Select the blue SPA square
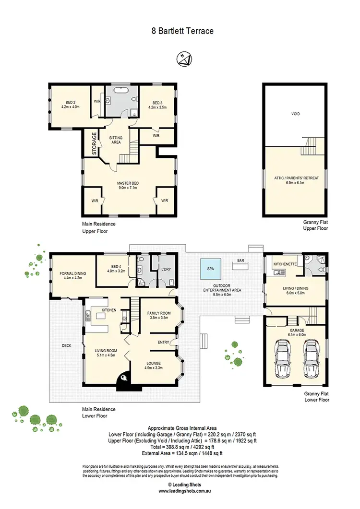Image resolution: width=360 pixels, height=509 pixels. (211, 270)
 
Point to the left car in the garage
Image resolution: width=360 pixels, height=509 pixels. (282, 355)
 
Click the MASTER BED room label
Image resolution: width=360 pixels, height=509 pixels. (128, 183)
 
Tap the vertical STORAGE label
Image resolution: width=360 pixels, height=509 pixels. (94, 142)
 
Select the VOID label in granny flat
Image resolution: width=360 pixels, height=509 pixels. (295, 114)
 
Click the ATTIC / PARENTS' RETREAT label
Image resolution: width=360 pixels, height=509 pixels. (295, 178)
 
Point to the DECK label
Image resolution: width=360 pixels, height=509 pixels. (67, 345)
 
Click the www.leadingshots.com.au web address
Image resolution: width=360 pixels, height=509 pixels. (180, 491)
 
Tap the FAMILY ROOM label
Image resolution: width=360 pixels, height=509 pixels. (160, 313)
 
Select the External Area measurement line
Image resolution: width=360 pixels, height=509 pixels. (182, 453)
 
